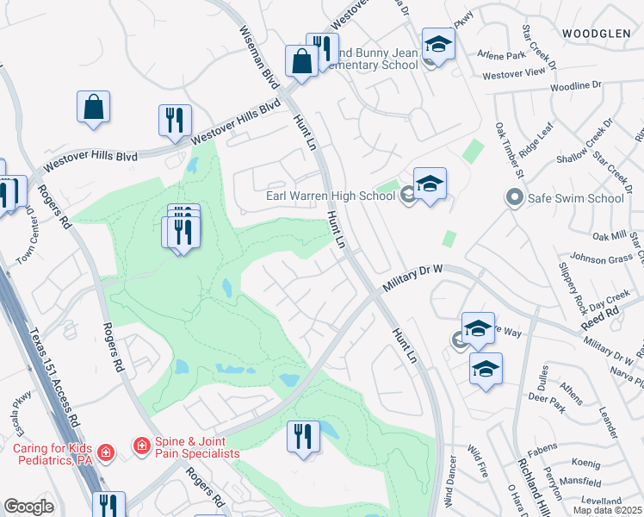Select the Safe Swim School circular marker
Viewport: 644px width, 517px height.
(515, 198)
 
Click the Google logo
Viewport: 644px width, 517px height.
(28, 507)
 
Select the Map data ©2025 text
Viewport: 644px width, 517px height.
(607, 510)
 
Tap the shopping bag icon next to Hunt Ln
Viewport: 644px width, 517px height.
(301, 62)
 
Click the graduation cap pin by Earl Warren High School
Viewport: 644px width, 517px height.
(430, 184)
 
